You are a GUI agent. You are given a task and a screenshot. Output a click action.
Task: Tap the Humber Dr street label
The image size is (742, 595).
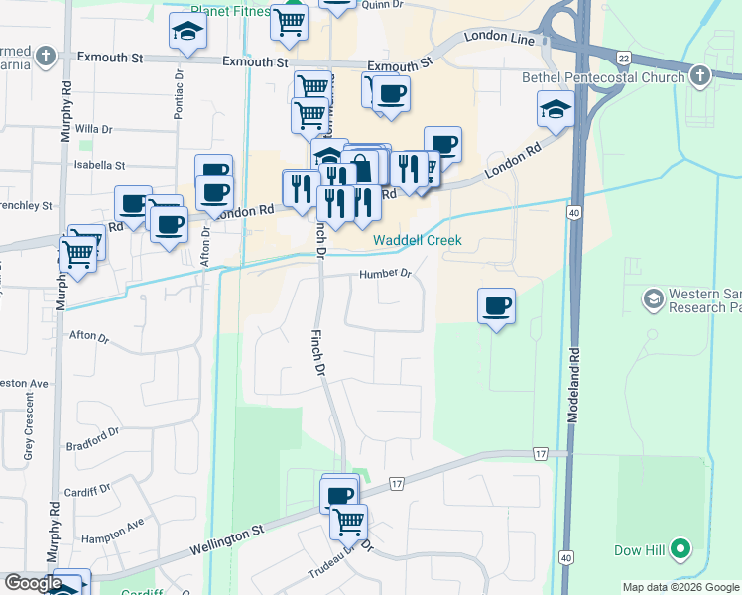click(385, 274)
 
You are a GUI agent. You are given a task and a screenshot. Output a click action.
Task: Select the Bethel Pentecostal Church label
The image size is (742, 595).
click(603, 77)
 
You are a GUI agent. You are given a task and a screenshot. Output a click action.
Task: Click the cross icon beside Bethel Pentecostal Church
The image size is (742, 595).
click(700, 76)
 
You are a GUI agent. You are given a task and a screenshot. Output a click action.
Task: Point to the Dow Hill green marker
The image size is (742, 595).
click(680, 548)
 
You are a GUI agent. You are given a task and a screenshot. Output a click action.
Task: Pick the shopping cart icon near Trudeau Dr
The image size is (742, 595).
click(348, 519)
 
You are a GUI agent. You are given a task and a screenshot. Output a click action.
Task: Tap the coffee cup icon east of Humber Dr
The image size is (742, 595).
click(496, 305)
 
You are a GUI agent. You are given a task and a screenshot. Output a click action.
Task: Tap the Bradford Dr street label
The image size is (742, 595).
click(93, 433)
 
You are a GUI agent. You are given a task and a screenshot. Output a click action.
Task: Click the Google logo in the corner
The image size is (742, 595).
click(33, 584)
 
